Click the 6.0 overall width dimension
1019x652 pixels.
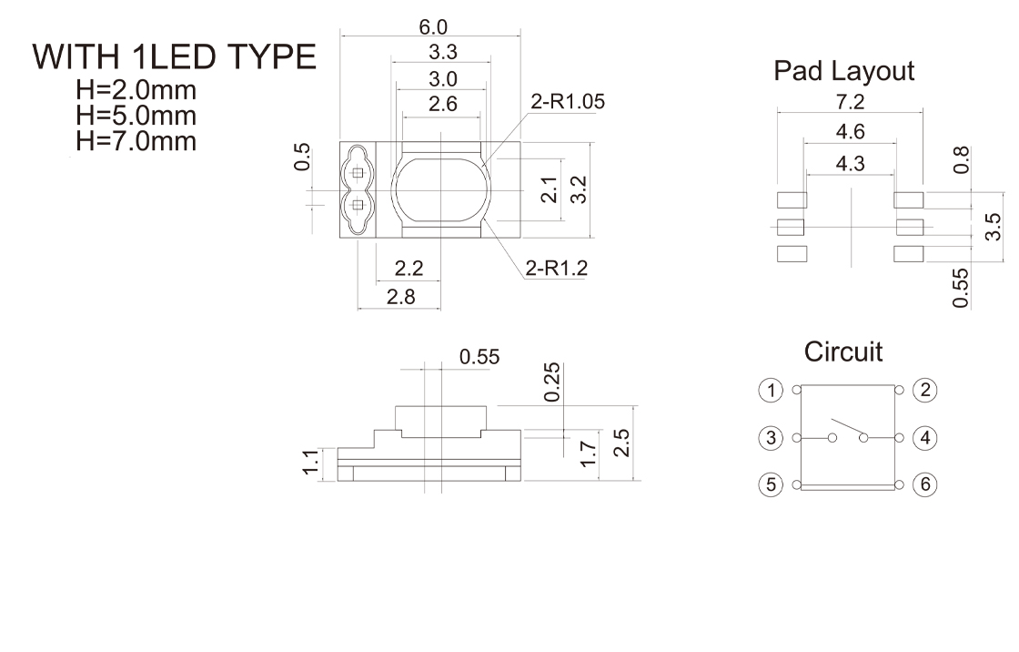click(433, 27)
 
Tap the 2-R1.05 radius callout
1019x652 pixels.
click(568, 101)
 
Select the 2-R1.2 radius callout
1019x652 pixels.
click(556, 268)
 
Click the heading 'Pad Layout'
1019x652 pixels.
click(843, 71)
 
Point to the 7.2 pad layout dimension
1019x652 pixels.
click(850, 102)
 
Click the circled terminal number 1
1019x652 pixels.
click(771, 391)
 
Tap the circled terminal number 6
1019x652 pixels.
click(925, 484)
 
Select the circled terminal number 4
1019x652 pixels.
click(925, 438)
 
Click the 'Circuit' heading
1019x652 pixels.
click(842, 352)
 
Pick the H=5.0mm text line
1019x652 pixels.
click(136, 115)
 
